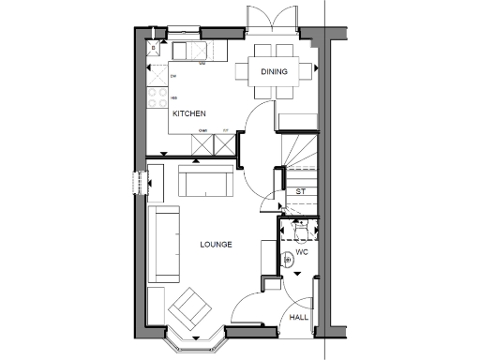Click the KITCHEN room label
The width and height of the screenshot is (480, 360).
coord(188,114)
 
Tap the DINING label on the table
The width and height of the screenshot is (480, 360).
coord(274,71)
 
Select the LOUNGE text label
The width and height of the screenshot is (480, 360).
coord(216,245)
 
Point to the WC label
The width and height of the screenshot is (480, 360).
coord(302,253)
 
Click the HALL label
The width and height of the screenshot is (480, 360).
coord(299,318)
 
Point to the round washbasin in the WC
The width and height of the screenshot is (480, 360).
coord(289,261)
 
